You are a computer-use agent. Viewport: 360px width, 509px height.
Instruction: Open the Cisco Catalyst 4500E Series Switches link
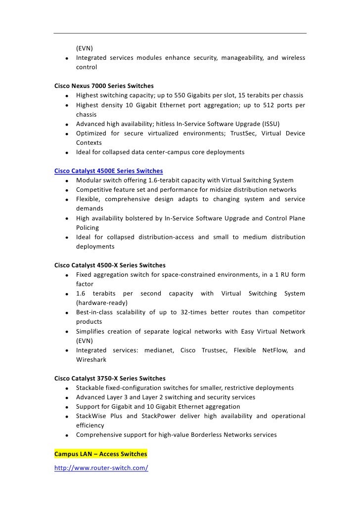[108, 171]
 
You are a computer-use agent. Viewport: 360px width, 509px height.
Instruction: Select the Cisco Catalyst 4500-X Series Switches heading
[110, 265]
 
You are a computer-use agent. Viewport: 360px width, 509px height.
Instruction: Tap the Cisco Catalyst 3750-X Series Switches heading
[110, 379]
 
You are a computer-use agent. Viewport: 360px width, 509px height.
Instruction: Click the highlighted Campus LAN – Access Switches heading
[100, 454]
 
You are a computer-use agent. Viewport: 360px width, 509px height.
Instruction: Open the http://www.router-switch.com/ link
[101, 467]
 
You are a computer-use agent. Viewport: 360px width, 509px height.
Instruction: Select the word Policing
[88, 228]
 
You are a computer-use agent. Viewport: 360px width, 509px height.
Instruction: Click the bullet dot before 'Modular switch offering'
[66, 181]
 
